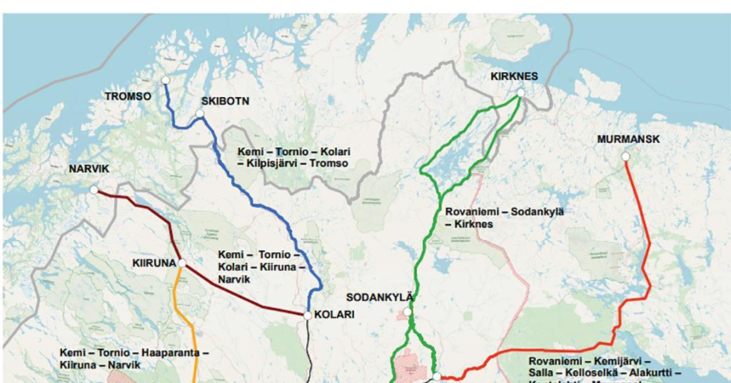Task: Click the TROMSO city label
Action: (x=128, y=95)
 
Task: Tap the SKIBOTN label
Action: (x=225, y=101)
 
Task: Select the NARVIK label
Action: (x=89, y=169)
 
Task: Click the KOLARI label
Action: (x=334, y=314)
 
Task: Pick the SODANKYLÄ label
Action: (x=379, y=297)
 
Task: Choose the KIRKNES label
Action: (x=514, y=76)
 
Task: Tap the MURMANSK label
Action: (x=628, y=139)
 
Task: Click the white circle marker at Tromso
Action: (x=165, y=79)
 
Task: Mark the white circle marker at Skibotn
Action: (x=200, y=114)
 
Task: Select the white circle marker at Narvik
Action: (x=94, y=190)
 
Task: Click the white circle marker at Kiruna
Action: (x=182, y=264)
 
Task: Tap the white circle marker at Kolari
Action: (x=308, y=315)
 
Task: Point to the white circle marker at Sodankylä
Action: (x=408, y=312)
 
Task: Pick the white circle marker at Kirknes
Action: (x=520, y=93)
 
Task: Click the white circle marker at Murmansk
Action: (x=625, y=156)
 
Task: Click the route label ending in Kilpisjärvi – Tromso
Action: (x=293, y=158)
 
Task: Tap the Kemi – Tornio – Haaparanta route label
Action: (x=134, y=359)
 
